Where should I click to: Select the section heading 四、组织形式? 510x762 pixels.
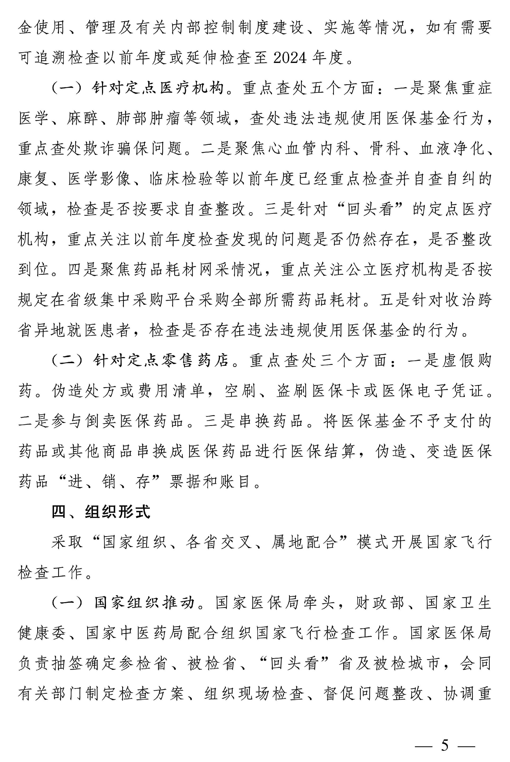click(101, 512)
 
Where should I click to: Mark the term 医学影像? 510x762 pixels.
click(99, 179)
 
